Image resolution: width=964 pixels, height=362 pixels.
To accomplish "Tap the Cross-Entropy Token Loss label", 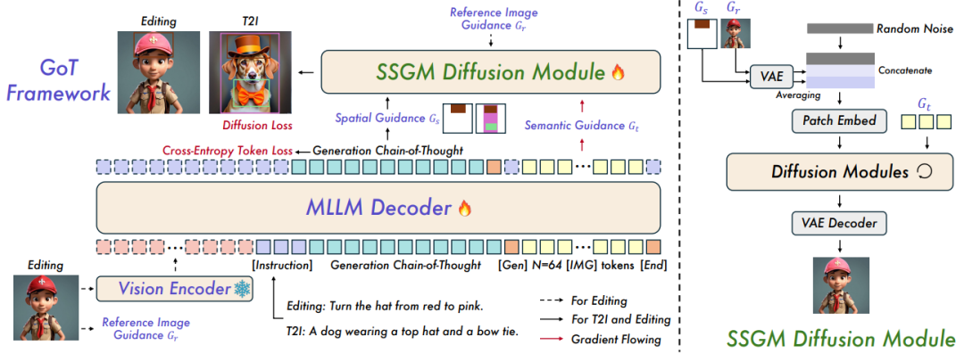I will [x=228, y=150].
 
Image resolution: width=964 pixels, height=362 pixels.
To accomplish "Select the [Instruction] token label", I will [x=282, y=265].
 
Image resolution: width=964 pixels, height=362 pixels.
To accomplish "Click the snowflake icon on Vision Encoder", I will [x=241, y=289].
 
